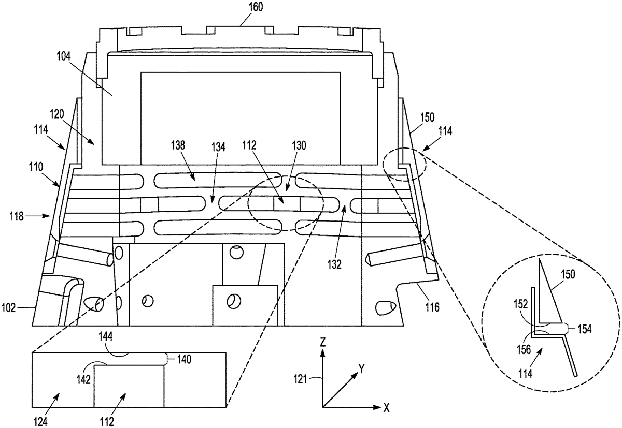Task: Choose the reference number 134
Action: click(x=218, y=147)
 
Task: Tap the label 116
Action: click(x=433, y=308)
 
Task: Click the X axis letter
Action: click(x=387, y=407)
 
